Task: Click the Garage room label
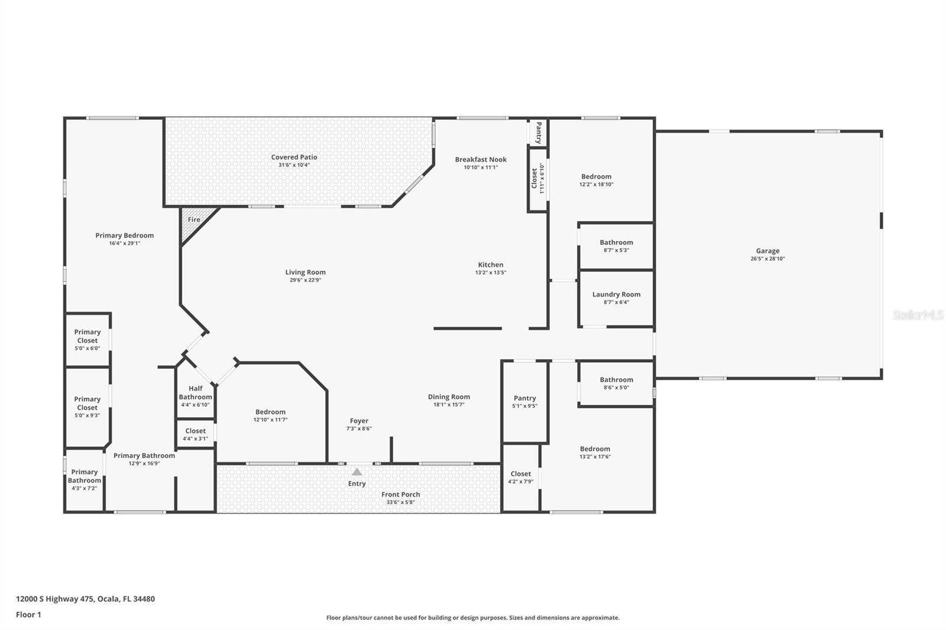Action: click(767, 251)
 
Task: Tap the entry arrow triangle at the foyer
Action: click(357, 472)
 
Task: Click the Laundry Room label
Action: click(616, 294)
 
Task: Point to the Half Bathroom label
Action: click(195, 392)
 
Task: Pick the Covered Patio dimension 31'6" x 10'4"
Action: click(294, 165)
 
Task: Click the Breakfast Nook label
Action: click(481, 159)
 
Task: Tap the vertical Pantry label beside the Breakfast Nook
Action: click(539, 133)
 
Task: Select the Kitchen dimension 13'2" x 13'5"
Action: click(491, 272)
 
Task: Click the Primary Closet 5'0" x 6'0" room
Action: click(88, 340)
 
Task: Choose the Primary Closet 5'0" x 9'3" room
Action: click(88, 407)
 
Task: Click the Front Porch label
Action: click(400, 495)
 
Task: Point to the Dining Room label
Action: click(449, 397)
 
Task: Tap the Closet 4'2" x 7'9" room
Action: click(520, 478)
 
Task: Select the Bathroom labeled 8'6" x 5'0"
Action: click(616, 383)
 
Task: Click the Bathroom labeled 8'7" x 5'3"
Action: click(616, 245)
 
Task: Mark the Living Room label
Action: click(305, 272)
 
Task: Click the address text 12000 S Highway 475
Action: click(85, 599)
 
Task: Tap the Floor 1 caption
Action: click(28, 615)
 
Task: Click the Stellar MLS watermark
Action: click(918, 316)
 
